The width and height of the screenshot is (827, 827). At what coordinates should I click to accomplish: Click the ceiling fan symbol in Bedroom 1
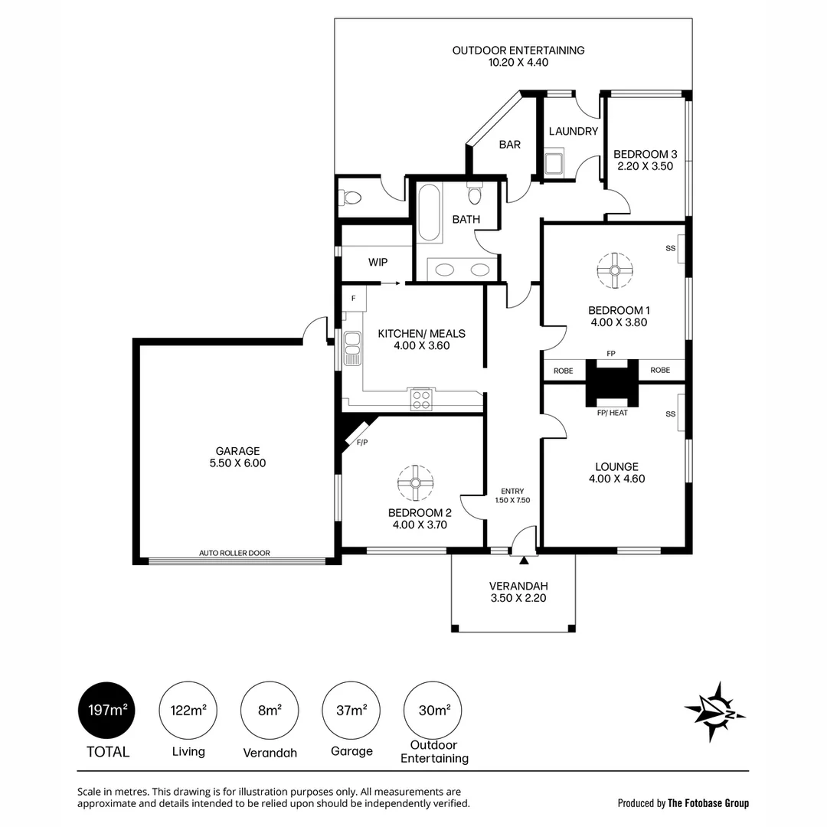(x=614, y=270)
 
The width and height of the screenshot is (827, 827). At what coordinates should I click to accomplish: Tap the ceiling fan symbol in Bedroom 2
(x=416, y=482)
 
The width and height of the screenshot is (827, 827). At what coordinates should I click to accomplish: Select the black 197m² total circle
(x=107, y=711)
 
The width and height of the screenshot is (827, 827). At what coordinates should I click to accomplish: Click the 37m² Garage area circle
(x=351, y=711)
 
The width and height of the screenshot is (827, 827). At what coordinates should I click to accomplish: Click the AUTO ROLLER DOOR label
(x=234, y=553)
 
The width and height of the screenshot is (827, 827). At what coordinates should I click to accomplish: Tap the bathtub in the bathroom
(x=430, y=212)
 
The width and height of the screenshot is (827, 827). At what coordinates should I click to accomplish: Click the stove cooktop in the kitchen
(x=421, y=399)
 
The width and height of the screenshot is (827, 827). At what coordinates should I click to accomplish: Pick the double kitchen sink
(x=353, y=348)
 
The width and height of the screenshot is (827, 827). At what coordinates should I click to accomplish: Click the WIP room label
(x=378, y=263)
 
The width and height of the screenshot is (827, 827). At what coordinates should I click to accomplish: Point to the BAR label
(x=510, y=145)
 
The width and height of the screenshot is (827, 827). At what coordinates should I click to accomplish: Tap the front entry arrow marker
(x=524, y=561)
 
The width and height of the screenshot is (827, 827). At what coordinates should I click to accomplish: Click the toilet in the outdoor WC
(x=351, y=198)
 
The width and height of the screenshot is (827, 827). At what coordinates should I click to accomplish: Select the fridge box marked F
(x=354, y=298)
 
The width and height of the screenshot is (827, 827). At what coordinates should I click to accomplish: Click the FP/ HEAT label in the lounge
(x=612, y=413)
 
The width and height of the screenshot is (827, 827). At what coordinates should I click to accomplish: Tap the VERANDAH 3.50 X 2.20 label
(x=518, y=593)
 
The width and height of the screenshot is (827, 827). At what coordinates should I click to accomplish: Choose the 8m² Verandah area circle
(x=270, y=711)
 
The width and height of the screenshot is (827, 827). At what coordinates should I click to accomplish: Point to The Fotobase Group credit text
(x=708, y=803)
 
